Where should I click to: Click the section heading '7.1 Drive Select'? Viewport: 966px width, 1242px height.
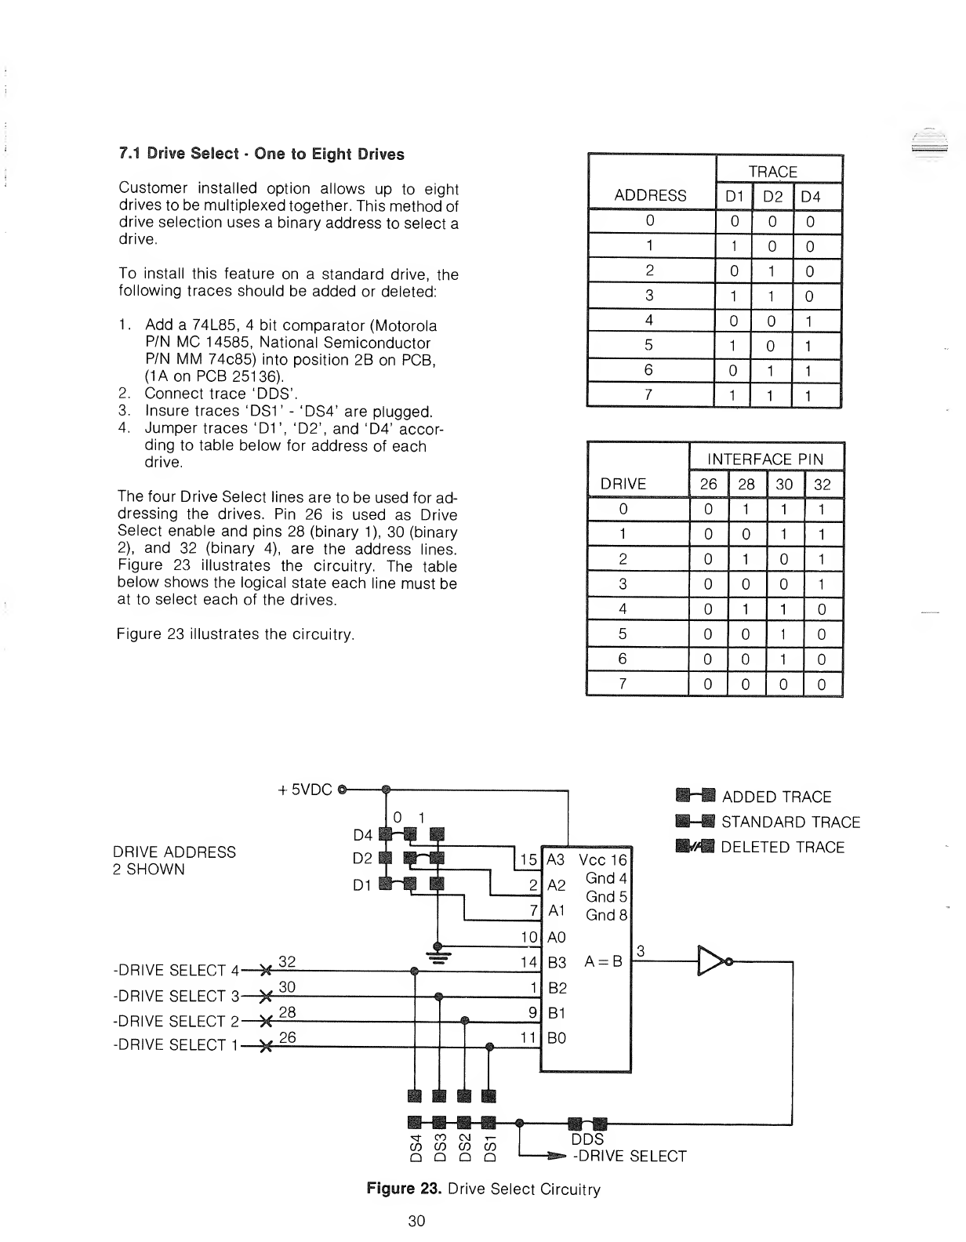tap(261, 154)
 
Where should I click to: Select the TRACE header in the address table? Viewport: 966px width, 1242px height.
tap(772, 172)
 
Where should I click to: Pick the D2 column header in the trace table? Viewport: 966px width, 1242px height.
tap(772, 196)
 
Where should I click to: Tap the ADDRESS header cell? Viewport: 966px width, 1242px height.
tap(650, 195)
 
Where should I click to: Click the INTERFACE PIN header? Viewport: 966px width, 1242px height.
tap(766, 459)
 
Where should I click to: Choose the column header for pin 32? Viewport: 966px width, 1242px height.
tap(822, 484)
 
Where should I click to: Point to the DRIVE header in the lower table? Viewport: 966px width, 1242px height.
tap(623, 484)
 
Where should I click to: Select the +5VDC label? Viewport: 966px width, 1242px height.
tap(305, 790)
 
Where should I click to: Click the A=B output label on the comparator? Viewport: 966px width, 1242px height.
tap(603, 961)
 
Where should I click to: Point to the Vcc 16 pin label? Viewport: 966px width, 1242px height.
tap(602, 859)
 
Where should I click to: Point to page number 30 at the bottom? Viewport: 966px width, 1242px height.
tap(416, 1221)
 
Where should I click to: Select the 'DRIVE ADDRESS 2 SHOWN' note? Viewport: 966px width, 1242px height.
tap(174, 860)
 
